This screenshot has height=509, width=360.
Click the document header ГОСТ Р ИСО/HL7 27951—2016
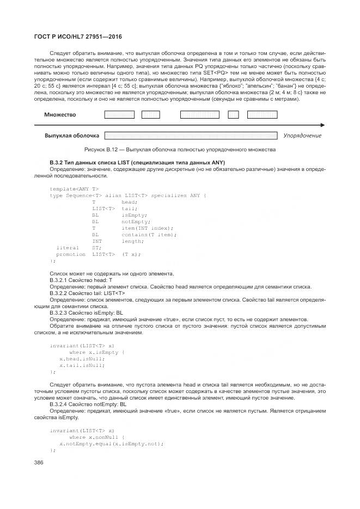point(78,36)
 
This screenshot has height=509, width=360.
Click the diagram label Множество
point(60,115)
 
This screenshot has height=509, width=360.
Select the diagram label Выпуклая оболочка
point(71,135)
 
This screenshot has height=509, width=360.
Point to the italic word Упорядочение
point(302,136)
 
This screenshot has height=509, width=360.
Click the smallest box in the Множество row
point(233,115)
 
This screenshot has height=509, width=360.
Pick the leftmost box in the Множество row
point(119,115)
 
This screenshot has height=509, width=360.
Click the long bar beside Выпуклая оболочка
point(192,135)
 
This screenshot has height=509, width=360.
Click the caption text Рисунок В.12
point(102,149)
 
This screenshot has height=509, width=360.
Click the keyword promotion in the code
point(71,254)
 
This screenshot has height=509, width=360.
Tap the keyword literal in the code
point(68,248)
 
